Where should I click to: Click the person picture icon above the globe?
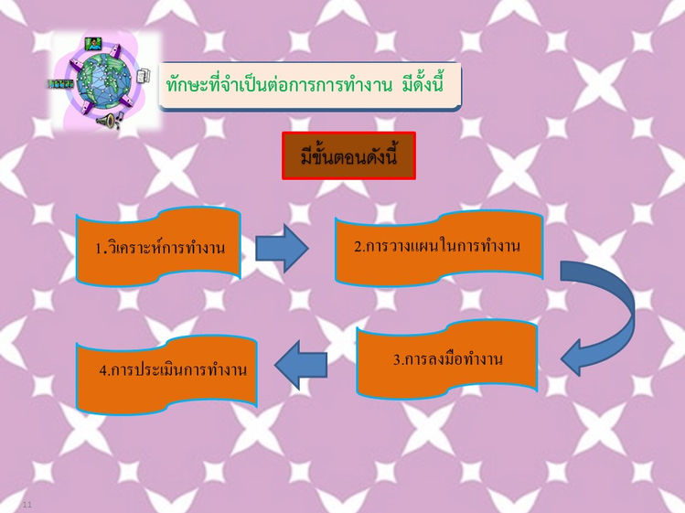point(93,43)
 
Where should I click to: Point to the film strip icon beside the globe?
point(60,83)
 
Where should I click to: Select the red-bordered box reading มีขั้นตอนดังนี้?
point(348,156)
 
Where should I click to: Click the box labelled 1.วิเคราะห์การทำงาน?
point(159,247)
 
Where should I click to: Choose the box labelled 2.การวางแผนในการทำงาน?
point(437,246)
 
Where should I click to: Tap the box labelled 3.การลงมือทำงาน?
point(447,359)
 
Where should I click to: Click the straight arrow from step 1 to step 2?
point(282,248)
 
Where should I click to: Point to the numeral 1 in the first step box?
point(99,249)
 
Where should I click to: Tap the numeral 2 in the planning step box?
point(359,246)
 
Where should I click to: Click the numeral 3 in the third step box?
point(397,360)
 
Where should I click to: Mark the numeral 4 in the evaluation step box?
point(103,371)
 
